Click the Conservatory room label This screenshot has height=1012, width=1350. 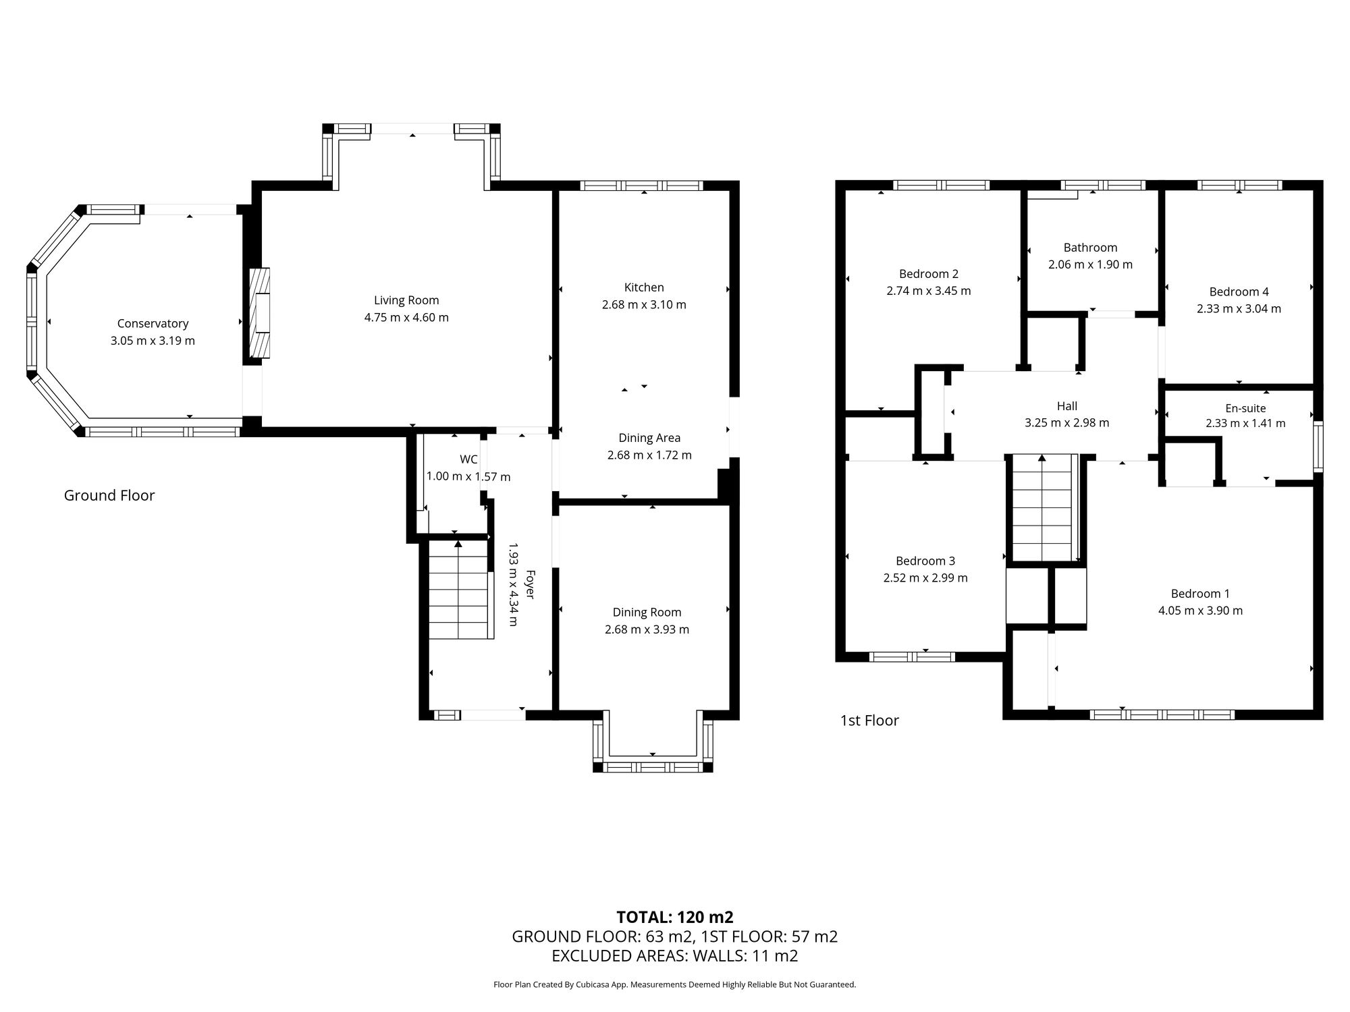coord(153,324)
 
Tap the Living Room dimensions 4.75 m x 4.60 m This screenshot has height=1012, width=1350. coord(406,318)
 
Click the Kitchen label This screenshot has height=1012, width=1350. coord(644,287)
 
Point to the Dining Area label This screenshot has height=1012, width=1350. coord(649,439)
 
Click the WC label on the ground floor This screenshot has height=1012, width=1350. coord(468,459)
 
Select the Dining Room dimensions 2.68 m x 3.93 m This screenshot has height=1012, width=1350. coord(647,629)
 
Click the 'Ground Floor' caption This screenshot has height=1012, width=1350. coord(109,496)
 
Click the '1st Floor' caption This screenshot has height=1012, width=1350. coord(869,721)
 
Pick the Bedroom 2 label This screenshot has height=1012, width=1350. coord(929,274)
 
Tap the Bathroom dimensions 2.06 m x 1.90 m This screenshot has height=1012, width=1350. coord(1090,264)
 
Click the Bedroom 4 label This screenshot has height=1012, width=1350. coord(1239,292)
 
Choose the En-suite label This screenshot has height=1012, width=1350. coord(1245,408)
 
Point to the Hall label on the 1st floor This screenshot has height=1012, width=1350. coord(1066,406)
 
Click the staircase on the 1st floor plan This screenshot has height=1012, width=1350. coord(1042,509)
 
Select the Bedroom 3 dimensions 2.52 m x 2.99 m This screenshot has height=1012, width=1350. coord(925,578)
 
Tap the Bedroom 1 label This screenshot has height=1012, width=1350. coord(1200,594)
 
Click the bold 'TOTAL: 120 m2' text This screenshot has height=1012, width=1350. coord(675,917)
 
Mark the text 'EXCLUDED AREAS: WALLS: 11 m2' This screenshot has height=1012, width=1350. coord(675,956)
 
